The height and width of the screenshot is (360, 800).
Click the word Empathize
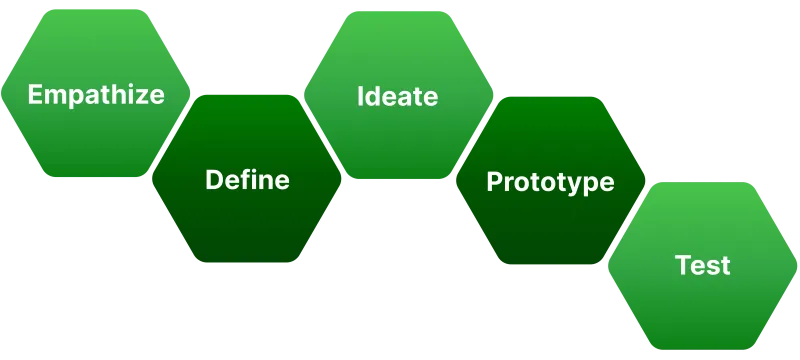(x=96, y=95)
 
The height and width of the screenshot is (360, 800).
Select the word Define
(x=247, y=180)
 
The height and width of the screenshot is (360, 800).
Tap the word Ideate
(x=397, y=96)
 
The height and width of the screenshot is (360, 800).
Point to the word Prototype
(x=550, y=182)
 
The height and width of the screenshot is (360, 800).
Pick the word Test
(x=702, y=266)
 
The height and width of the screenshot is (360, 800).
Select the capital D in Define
(x=213, y=180)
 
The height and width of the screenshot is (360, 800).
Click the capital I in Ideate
(x=361, y=96)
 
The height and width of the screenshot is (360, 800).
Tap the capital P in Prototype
(x=494, y=182)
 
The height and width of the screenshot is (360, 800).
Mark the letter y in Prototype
(x=581, y=185)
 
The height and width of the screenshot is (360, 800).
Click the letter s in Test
(x=713, y=268)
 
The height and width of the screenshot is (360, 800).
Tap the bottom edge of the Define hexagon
(x=247, y=264)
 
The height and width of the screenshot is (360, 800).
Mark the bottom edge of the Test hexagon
(x=703, y=349)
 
